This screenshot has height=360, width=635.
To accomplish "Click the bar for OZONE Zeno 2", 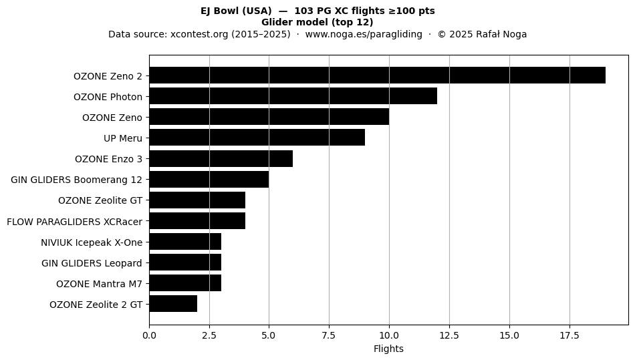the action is point(378,75).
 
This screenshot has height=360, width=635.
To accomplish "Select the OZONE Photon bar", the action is point(293,96).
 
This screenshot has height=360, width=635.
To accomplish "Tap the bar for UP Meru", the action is point(257,138).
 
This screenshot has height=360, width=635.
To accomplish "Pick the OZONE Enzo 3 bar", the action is point(221,158).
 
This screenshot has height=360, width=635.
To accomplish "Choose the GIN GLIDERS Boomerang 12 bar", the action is point(209,179).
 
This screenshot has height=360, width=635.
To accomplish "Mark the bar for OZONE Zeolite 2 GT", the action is point(173,303).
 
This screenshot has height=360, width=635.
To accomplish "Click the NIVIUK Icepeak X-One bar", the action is point(185,242).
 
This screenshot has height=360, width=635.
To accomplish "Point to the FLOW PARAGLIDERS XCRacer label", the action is point(74,222).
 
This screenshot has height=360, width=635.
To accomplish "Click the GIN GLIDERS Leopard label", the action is point(92,263).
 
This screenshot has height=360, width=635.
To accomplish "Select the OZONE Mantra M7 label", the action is point(99,284).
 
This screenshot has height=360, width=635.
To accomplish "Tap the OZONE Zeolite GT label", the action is point(100,200).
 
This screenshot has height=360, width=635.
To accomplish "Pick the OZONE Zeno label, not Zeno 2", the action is point(112,118).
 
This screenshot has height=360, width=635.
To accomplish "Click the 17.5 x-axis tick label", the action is point(569,335).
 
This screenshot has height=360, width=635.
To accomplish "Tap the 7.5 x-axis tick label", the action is point(329,335).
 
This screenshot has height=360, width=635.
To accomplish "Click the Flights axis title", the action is point(388,349).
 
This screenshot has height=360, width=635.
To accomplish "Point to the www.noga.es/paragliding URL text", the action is point(364,34).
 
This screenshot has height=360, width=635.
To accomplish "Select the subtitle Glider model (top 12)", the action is point(317,22).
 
